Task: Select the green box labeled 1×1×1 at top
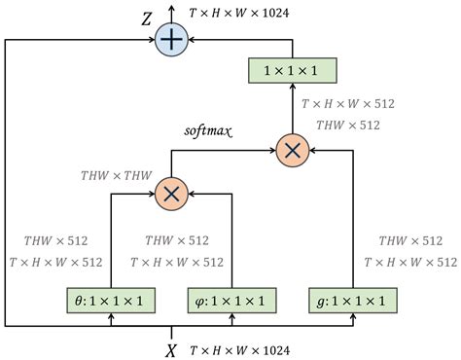(x=293, y=71)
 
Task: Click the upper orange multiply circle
(x=293, y=151)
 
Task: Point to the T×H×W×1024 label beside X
(x=239, y=348)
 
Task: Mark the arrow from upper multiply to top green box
(x=293, y=109)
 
